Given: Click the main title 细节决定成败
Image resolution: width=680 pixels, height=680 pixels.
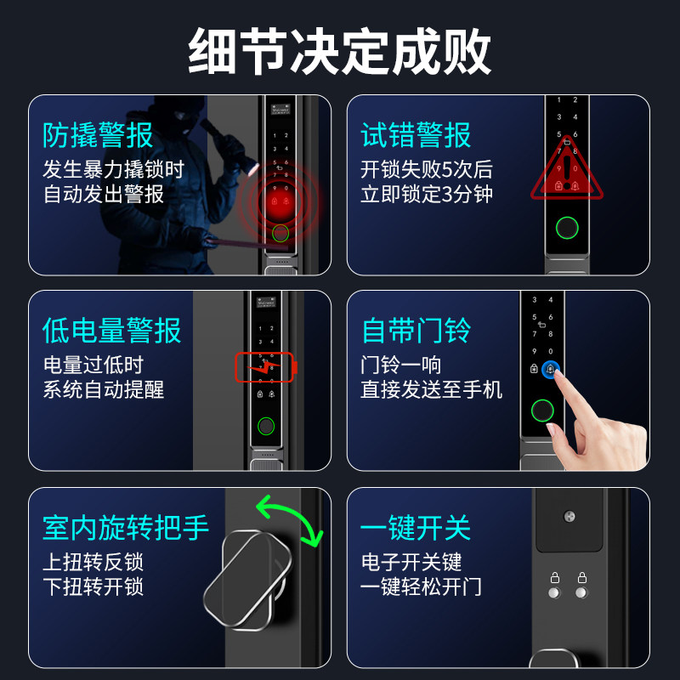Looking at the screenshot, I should coord(340,51).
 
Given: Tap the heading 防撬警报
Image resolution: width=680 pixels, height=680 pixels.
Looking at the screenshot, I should coord(98,135).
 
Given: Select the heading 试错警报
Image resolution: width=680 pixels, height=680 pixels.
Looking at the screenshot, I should coord(416,135).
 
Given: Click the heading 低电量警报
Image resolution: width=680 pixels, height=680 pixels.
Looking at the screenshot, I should coord(111,331).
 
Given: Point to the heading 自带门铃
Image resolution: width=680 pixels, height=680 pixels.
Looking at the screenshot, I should coord(416,331).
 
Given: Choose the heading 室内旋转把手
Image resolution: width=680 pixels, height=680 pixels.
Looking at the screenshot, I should coord(125,527).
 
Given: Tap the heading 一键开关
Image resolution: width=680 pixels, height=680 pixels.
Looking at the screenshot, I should coord(416,527).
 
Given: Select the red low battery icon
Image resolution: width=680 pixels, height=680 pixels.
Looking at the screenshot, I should coord(265,367).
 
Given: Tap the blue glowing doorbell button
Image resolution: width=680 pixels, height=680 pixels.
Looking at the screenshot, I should coord(552,370).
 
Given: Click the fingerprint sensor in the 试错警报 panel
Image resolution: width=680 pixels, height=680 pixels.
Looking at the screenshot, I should coord(565,228).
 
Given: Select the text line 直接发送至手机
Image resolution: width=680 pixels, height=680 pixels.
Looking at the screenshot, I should coord(431,389).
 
